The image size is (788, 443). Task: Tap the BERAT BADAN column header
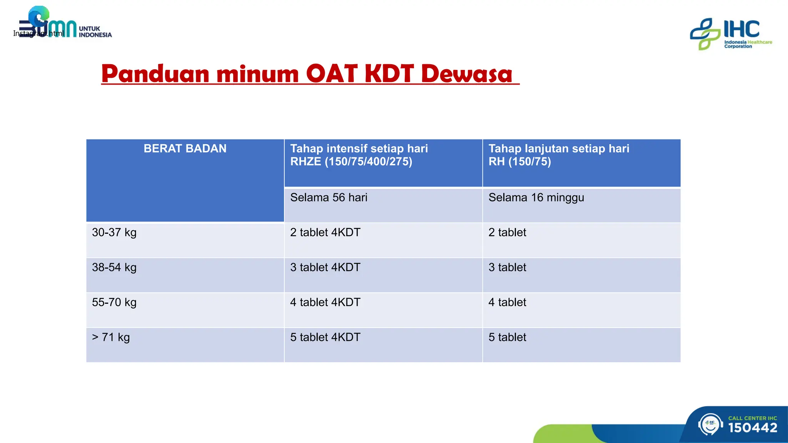(185, 148)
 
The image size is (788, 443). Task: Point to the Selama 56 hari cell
(329, 198)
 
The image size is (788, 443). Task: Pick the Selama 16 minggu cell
(536, 198)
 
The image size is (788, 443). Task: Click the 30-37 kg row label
(114, 233)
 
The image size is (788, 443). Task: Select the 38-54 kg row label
(114, 268)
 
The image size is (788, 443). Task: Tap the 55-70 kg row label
(114, 303)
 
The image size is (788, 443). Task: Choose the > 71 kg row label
(111, 338)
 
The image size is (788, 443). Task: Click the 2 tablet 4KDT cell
(325, 233)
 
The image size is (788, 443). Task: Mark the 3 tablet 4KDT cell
(325, 268)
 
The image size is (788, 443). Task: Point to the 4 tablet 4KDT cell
(325, 303)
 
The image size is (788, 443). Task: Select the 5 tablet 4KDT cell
(325, 338)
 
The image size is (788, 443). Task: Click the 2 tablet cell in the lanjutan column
(507, 233)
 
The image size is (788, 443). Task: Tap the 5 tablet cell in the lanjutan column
(507, 338)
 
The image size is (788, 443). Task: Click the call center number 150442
(753, 428)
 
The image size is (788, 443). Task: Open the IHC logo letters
(741, 29)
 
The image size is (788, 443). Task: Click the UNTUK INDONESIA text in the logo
(95, 32)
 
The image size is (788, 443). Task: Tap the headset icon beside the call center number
(710, 424)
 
